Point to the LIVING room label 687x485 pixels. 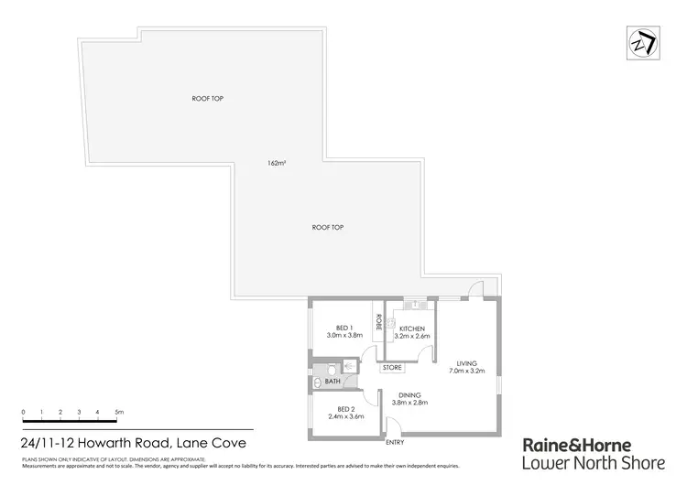pos(467,361)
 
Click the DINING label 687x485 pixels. pos(410,394)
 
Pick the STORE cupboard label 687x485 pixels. pos(392,368)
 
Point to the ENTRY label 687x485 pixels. pos(395,442)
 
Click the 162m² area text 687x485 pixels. pos(276,163)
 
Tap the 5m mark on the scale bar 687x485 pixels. pos(119,414)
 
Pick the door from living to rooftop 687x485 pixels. pos(474,292)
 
